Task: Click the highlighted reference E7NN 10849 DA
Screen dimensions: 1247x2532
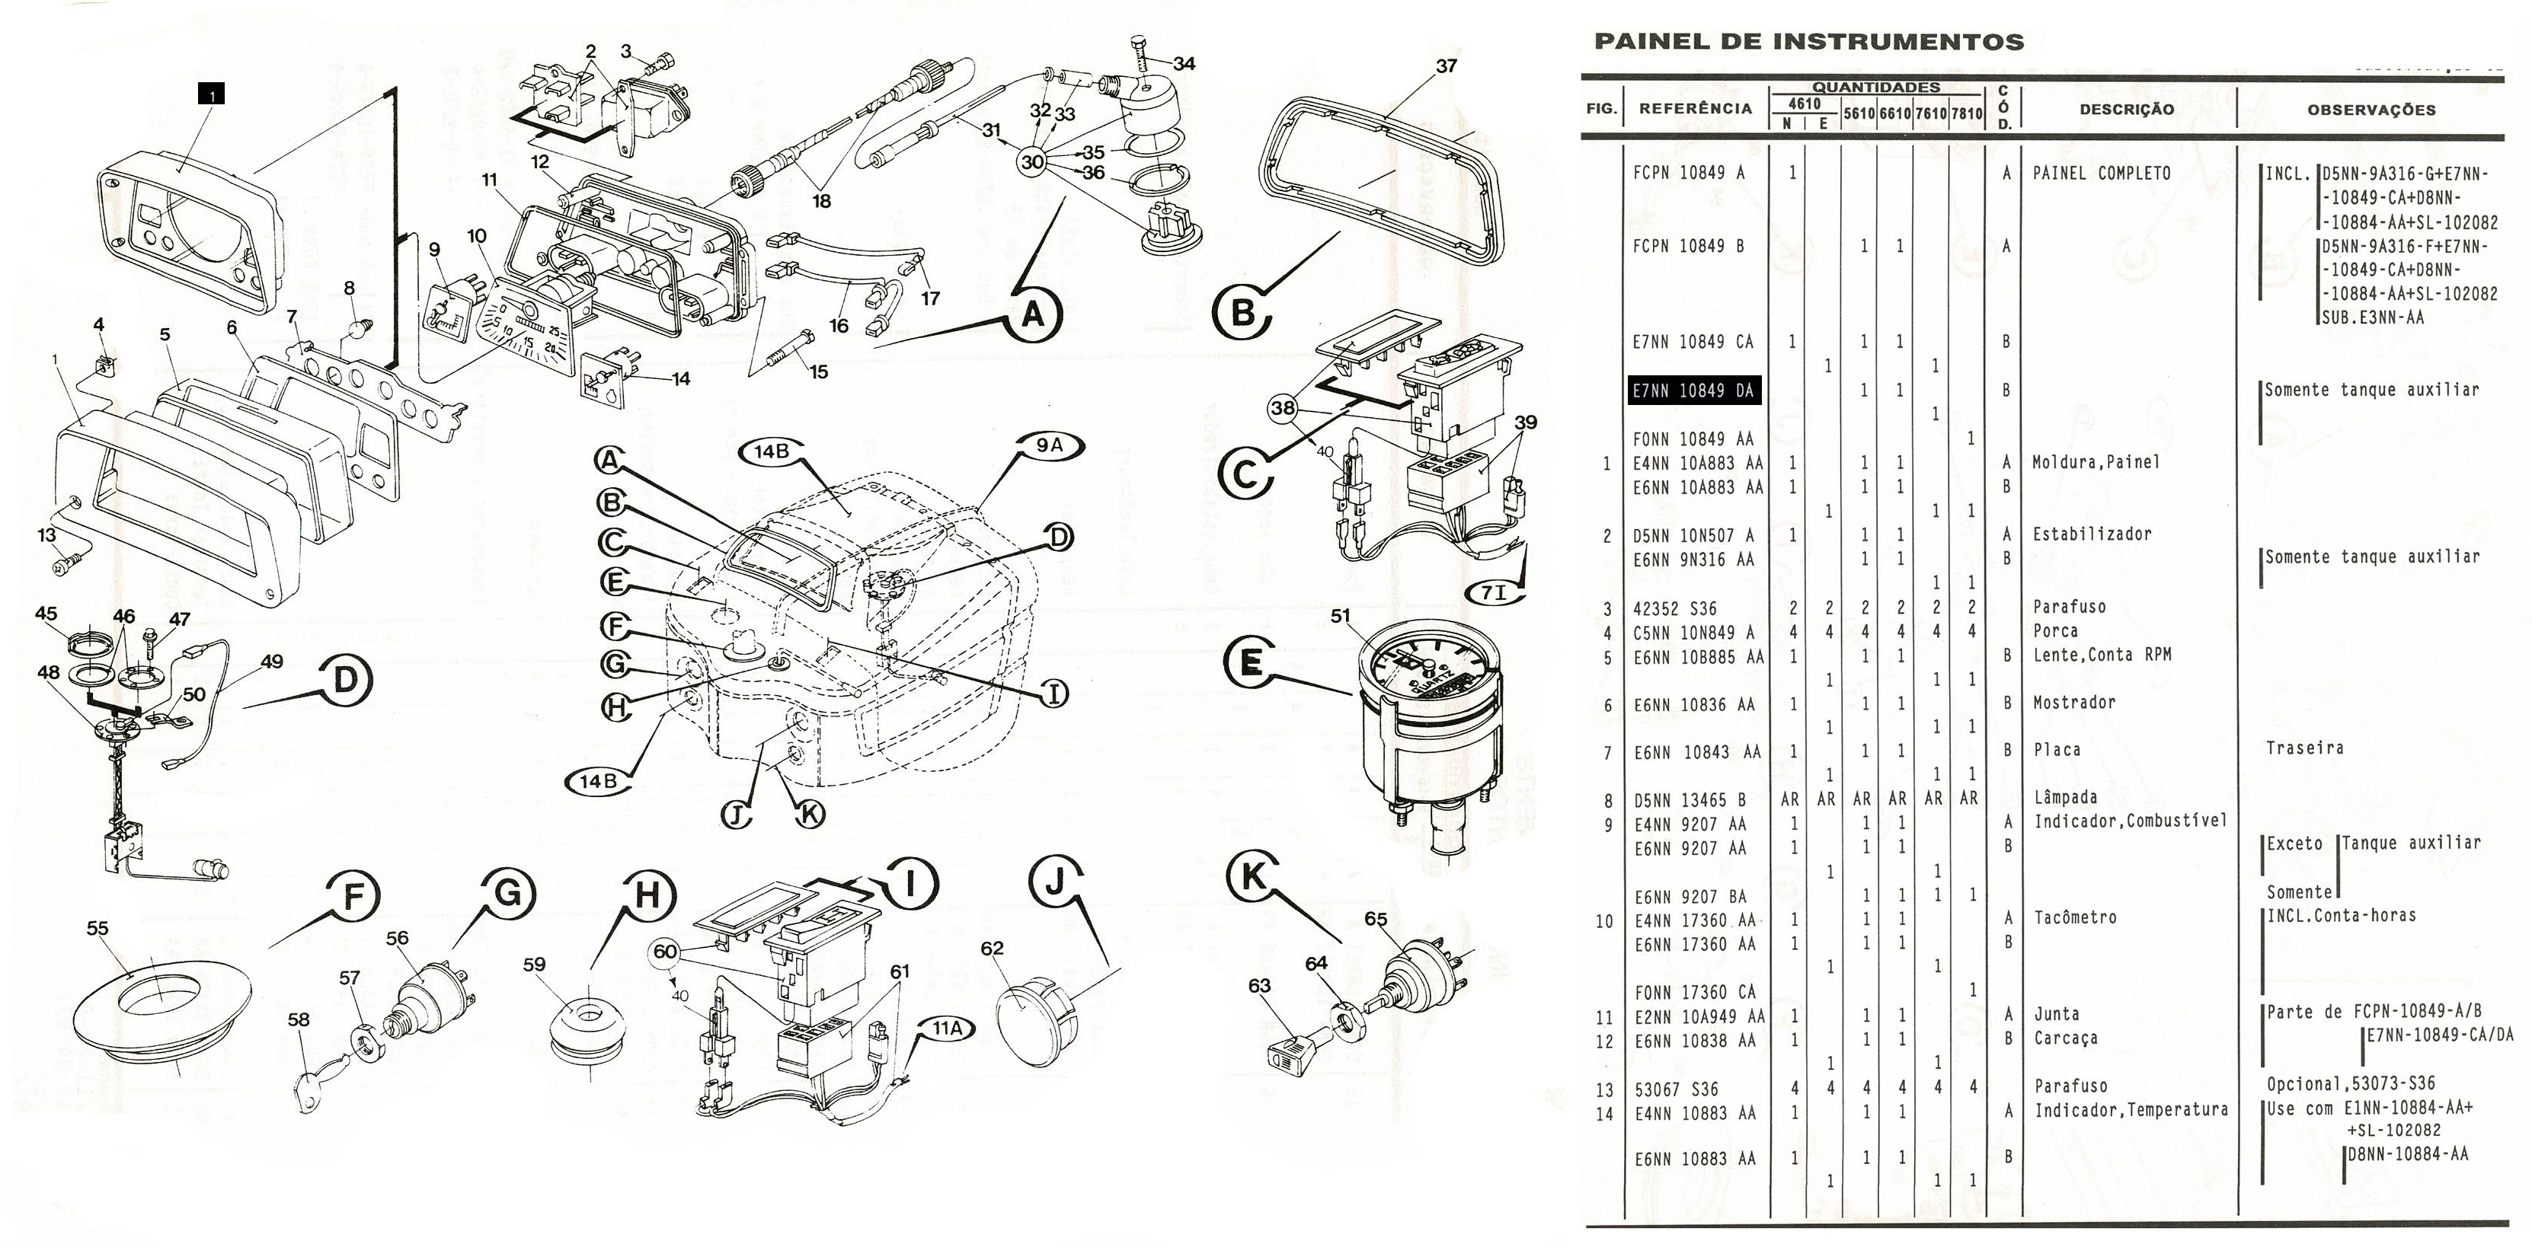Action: (x=1693, y=390)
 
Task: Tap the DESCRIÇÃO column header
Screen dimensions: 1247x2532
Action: (x=2126, y=109)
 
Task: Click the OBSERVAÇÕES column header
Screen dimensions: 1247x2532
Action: (x=2371, y=109)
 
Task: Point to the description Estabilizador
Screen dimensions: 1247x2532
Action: (x=2092, y=534)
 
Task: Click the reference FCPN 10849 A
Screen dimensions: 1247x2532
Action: (x=1689, y=173)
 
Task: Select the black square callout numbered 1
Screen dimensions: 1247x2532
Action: (x=211, y=94)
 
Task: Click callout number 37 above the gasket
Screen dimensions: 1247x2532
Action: (x=1446, y=65)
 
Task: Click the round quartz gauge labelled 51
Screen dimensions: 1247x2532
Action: (x=1430, y=717)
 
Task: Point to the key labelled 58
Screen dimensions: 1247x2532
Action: (x=312, y=1086)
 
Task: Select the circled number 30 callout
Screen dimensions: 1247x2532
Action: (x=1032, y=162)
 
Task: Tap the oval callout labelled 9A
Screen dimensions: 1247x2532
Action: (x=1050, y=445)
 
